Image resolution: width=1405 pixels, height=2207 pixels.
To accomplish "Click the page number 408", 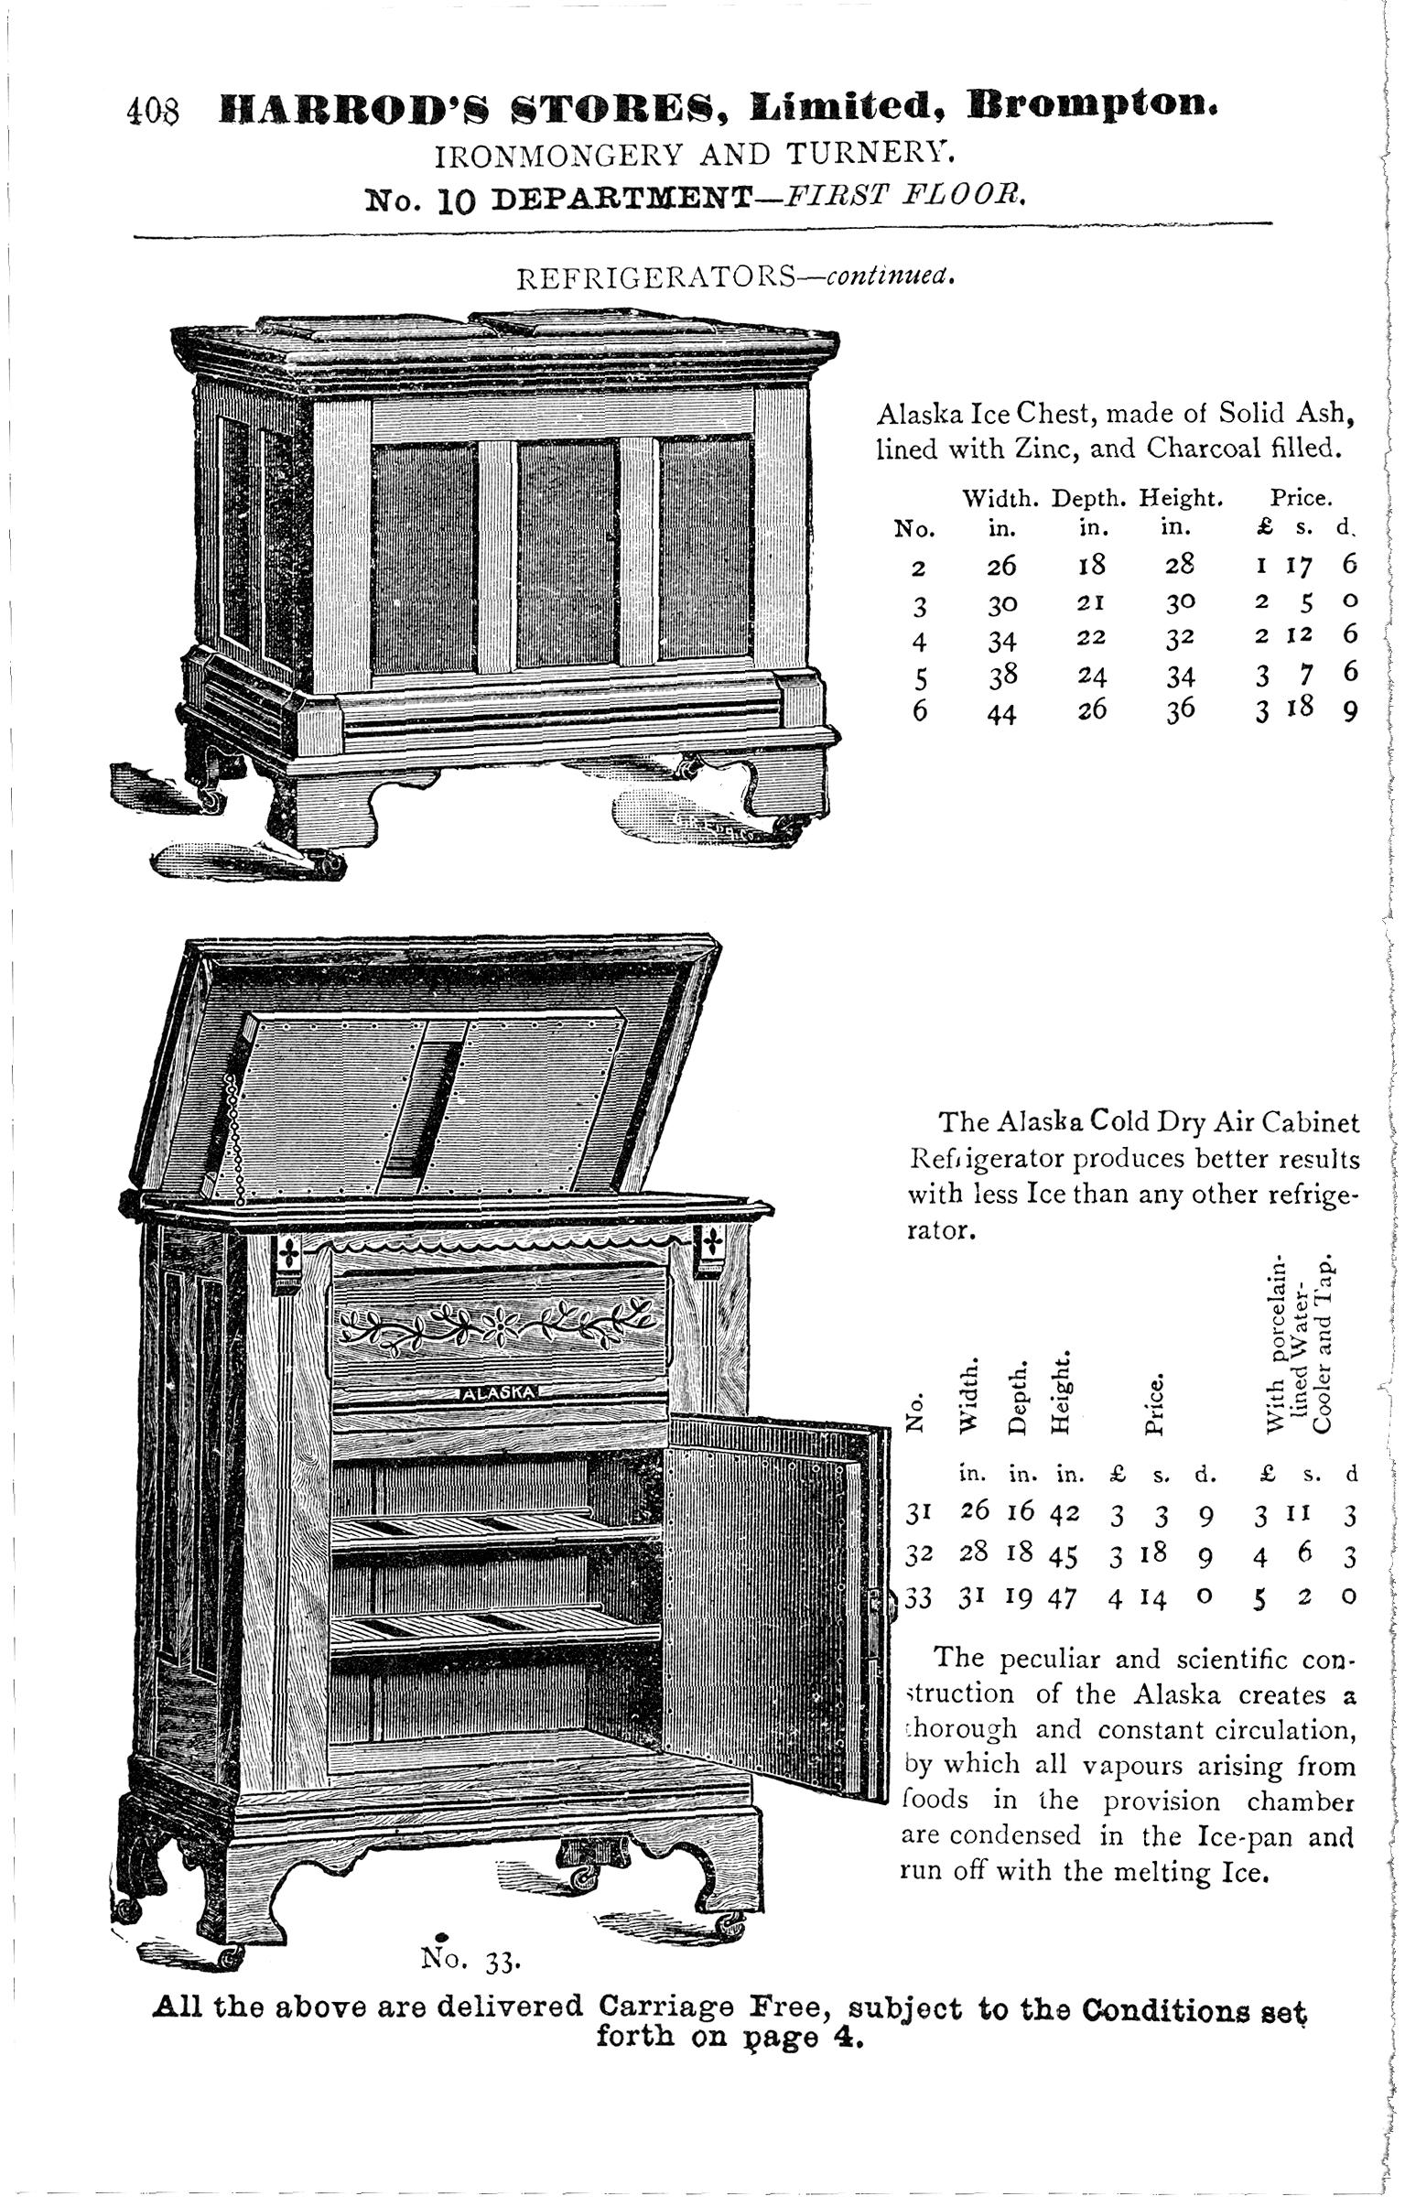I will [x=153, y=112].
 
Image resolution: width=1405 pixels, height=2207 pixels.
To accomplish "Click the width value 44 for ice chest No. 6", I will [x=1001, y=713].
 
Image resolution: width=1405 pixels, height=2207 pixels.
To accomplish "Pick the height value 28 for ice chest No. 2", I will [x=1181, y=564].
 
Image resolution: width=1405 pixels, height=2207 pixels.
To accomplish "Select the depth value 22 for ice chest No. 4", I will [x=1091, y=637].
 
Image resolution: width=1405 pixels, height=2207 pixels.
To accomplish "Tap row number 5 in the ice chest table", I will [x=921, y=678].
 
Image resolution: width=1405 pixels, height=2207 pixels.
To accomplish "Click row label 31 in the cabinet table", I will [x=919, y=1516].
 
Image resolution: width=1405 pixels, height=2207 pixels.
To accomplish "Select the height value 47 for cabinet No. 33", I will [x=1064, y=1596].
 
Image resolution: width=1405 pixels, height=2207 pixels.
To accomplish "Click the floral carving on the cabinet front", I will [x=495, y=1325].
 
